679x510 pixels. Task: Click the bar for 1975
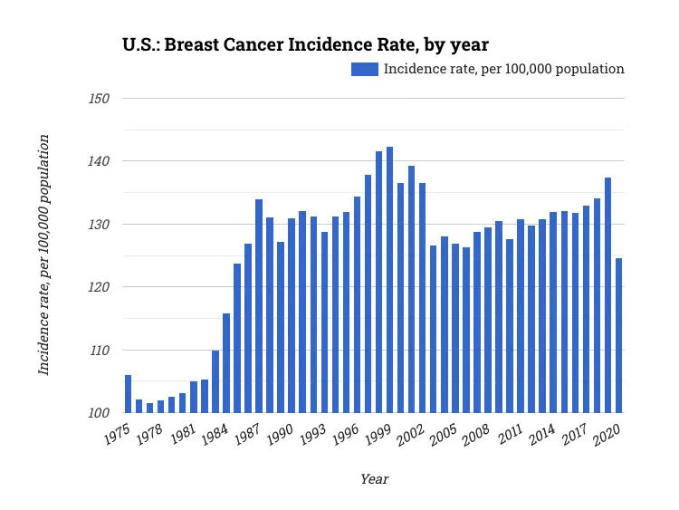coord(128,394)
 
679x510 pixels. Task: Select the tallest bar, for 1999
coord(389,280)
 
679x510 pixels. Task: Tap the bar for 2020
coord(618,335)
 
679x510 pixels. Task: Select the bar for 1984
coord(226,363)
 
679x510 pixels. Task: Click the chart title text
coord(306,44)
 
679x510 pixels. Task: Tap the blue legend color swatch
coord(365,69)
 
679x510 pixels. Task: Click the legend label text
coord(504,69)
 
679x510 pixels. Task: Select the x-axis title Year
coord(374,479)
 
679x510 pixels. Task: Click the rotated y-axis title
coord(43,255)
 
